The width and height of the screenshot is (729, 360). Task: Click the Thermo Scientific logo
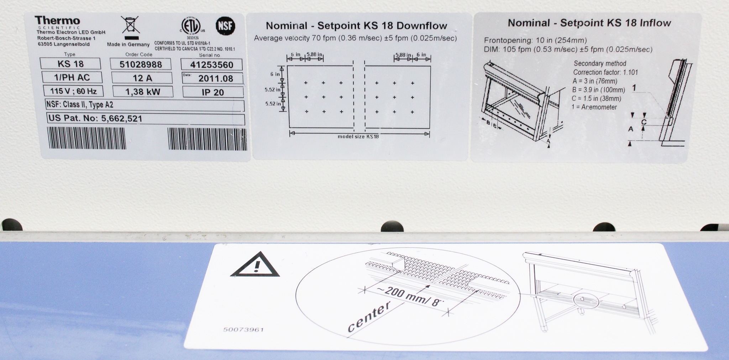tap(57, 22)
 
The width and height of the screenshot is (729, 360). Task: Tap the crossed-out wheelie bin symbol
tap(131, 25)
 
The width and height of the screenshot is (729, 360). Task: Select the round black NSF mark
tap(226, 26)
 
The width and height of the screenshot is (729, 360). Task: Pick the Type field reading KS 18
tap(70, 64)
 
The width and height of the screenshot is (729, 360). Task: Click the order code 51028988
tap(141, 64)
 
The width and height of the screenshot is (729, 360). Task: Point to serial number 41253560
tap(211, 65)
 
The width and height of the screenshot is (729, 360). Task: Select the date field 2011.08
tap(213, 78)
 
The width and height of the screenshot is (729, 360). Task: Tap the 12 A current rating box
tap(142, 78)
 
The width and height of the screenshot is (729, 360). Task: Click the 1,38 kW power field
tap(143, 92)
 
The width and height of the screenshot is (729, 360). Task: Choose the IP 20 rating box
tap(213, 92)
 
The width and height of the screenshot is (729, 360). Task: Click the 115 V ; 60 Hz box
tap(73, 91)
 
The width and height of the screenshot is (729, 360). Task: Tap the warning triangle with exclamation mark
tap(255, 264)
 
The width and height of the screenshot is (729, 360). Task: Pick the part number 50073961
tap(243, 330)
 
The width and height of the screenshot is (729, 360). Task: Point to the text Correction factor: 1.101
tap(605, 72)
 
